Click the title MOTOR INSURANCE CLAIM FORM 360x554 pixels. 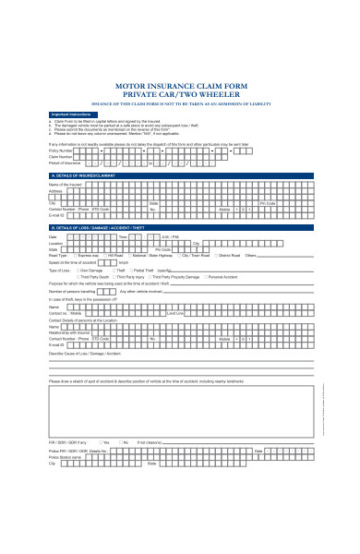coord(179,85)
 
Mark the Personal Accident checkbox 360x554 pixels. coord(232,275)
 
